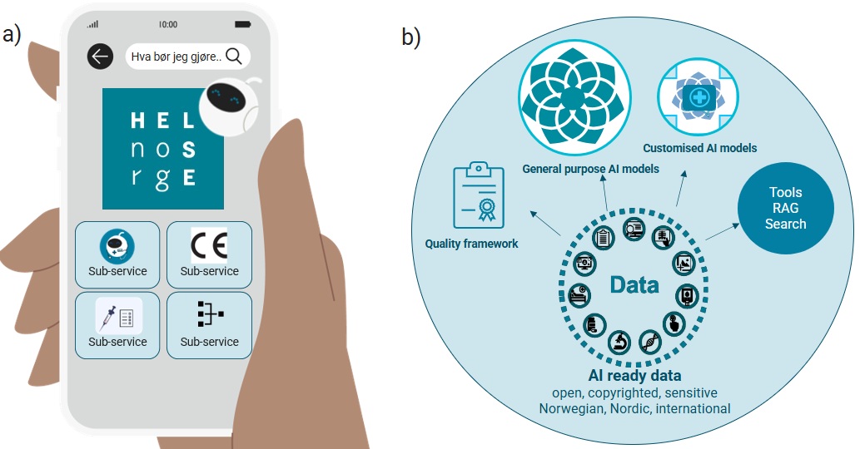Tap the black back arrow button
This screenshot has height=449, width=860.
pos(100,57)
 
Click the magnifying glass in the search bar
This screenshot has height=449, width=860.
pos(234,57)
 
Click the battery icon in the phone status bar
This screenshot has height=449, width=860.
pos(242,24)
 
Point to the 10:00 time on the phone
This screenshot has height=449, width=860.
pos(167,24)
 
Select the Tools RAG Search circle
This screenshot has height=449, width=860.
pos(785,210)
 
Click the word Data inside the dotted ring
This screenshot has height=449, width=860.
pos(634,285)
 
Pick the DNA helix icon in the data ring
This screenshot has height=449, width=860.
pos(649,341)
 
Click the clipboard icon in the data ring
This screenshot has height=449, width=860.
pos(603,236)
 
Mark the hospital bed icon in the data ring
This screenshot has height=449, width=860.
pos(578,294)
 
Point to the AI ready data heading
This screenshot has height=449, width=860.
pos(634,376)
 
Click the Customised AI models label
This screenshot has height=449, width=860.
pos(699,148)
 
